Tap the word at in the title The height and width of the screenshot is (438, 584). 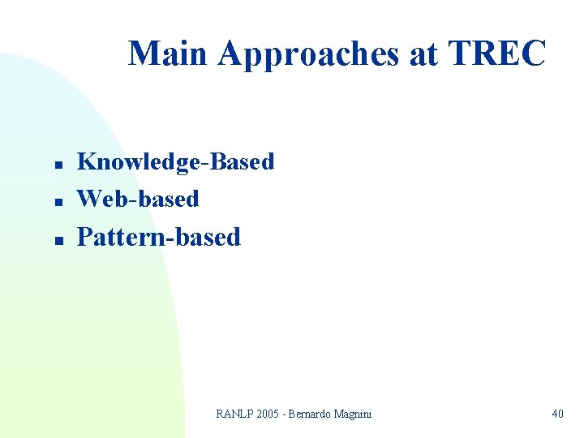423,54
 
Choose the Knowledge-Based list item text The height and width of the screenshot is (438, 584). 175,162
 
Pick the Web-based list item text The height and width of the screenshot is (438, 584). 137,199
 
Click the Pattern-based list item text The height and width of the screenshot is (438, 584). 158,237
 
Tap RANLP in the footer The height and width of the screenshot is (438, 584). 234,414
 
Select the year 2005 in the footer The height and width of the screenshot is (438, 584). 268,414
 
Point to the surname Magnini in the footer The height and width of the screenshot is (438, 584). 354,414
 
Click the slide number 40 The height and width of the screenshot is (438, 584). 557,414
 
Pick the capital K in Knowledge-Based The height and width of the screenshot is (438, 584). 86,161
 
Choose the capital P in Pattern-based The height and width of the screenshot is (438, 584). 84,237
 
